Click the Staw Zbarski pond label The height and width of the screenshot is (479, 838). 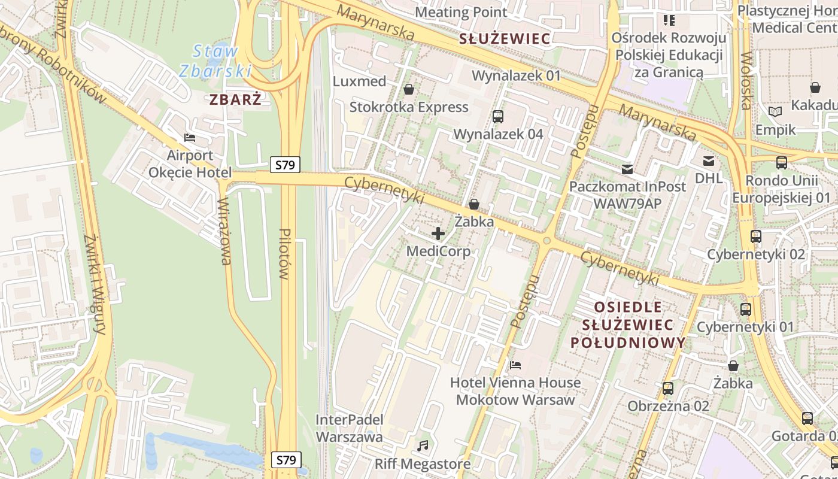(x=214, y=61)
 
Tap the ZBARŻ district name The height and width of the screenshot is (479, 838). (x=235, y=99)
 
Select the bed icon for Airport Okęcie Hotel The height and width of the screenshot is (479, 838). (x=190, y=138)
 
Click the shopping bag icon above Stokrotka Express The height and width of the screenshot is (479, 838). (x=409, y=89)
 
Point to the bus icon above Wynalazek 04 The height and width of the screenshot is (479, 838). (x=497, y=116)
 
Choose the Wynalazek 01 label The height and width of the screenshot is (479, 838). (x=516, y=76)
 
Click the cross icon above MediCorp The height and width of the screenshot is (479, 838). (x=438, y=234)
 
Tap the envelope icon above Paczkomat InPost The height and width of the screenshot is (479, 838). (x=627, y=169)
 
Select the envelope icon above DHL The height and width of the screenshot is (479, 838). (x=709, y=160)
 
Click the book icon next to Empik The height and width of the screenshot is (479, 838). (x=775, y=111)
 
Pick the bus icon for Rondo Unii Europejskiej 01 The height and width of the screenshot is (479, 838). (x=781, y=162)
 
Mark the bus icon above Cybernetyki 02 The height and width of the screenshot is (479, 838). (x=756, y=237)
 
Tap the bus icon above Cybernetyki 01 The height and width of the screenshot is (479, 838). (x=745, y=310)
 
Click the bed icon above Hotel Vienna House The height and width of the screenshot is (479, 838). (x=515, y=365)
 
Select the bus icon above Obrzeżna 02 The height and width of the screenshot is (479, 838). (x=668, y=389)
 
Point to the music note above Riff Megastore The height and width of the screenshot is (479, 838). (x=423, y=446)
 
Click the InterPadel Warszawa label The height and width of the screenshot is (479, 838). (x=349, y=428)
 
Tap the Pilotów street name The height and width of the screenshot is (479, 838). (x=285, y=254)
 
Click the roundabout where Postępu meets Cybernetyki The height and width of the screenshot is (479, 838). (x=546, y=241)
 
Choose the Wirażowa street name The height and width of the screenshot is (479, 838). (x=225, y=231)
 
